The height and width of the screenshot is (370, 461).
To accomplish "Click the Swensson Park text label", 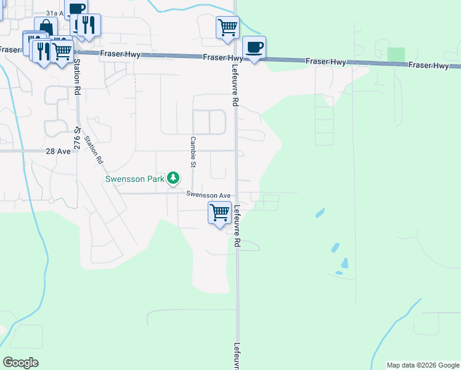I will click(134, 179).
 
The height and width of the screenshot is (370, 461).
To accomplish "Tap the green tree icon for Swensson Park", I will click(174, 179).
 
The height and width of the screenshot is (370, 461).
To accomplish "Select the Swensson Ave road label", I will click(208, 194).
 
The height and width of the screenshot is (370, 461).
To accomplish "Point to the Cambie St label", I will click(193, 152).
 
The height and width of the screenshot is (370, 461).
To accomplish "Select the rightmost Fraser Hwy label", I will click(428, 65).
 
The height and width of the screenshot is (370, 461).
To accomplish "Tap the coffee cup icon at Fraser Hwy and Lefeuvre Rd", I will click(254, 47).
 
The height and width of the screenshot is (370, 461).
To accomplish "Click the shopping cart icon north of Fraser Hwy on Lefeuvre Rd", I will click(227, 27).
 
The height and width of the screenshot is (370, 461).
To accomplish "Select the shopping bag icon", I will click(46, 27).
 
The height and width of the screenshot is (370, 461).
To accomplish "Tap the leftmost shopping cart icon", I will click(60, 52).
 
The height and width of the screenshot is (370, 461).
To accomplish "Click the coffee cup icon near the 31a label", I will click(76, 9).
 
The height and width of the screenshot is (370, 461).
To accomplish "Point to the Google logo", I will click(20, 363).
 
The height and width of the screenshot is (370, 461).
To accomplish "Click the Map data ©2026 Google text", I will click(422, 365).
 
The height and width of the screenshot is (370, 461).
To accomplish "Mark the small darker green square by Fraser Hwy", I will click(397, 54).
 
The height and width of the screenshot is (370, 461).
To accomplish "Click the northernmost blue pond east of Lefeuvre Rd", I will click(320, 213).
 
